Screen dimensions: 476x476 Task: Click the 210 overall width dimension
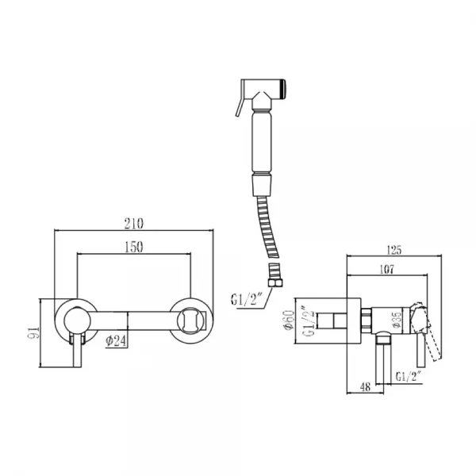tap(134, 225)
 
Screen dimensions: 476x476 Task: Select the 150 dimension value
tap(134, 248)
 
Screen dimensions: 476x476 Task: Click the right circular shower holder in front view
tap(194, 321)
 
